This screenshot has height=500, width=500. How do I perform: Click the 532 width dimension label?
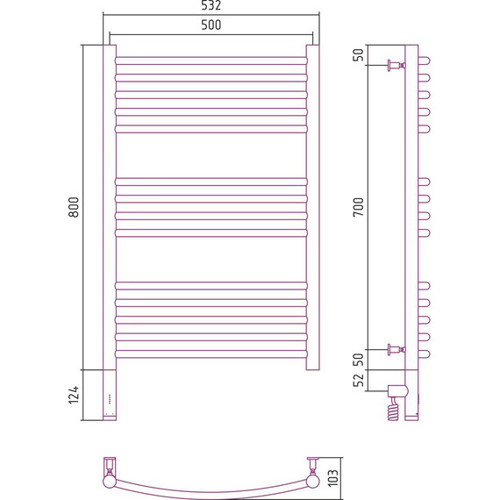211,5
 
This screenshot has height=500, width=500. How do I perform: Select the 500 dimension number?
211,25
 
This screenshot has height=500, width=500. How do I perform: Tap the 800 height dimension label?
74,207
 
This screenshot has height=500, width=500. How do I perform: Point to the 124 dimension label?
74,395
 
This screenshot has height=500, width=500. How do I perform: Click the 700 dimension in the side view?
359,207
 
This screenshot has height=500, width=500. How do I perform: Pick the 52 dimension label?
359,380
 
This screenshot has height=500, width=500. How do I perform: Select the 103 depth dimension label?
332,478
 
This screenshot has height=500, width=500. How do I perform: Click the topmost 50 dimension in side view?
359,55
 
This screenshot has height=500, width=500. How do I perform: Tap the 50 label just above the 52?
359,360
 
